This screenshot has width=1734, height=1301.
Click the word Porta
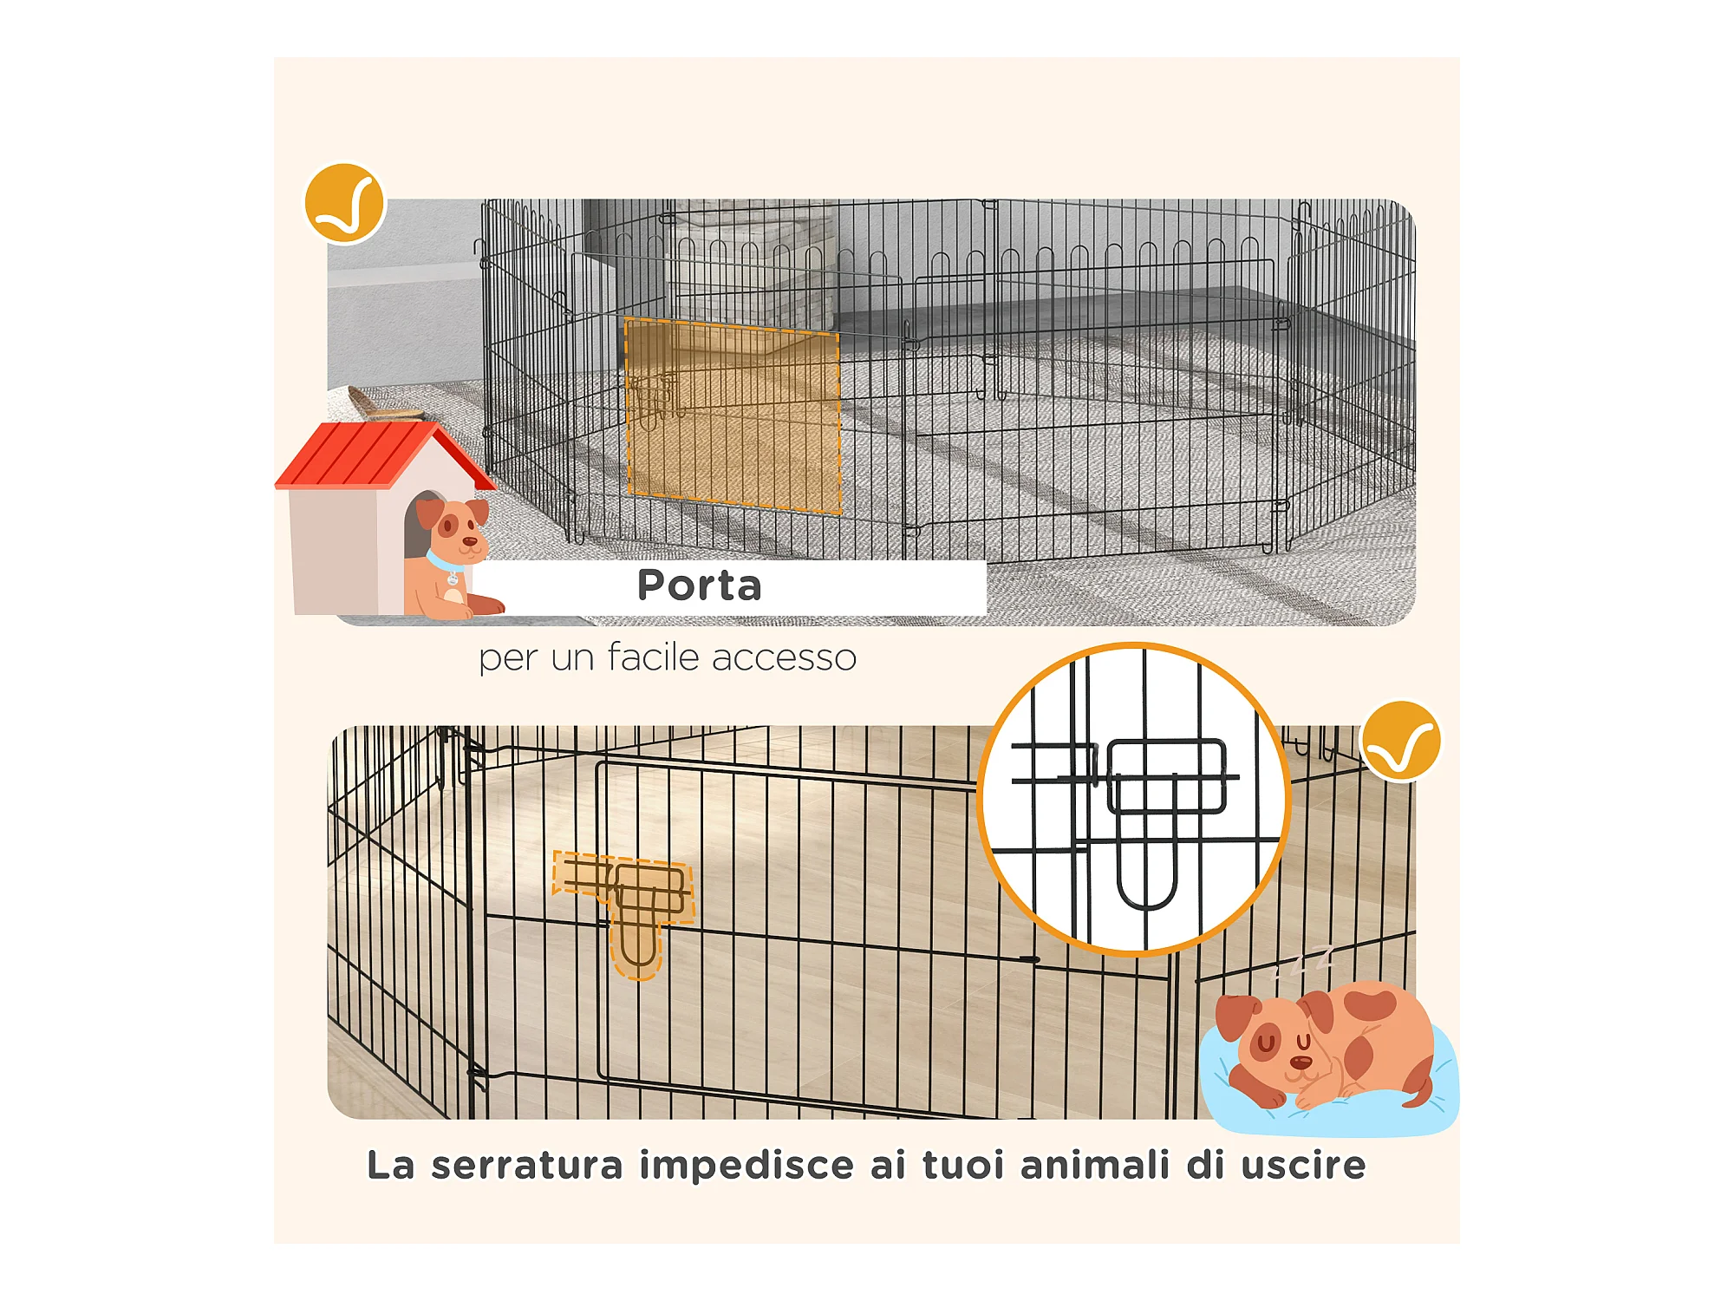pyautogui.click(x=700, y=585)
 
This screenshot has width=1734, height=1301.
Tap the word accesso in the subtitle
pyautogui.click(x=785, y=658)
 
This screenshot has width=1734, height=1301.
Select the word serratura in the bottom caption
pyautogui.click(x=527, y=1165)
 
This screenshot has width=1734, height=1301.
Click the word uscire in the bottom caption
pyautogui.click(x=1303, y=1165)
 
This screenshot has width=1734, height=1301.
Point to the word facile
pyautogui.click(x=654, y=657)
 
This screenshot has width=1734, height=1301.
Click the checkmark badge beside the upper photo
pyautogui.click(x=344, y=203)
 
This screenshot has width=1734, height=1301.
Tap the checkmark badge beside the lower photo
pyautogui.click(x=1401, y=742)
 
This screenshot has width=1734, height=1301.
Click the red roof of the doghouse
pyautogui.click(x=381, y=455)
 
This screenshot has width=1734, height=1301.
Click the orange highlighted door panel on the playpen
pyautogui.click(x=733, y=415)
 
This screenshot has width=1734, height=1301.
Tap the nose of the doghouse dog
pyautogui.click(x=469, y=541)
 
